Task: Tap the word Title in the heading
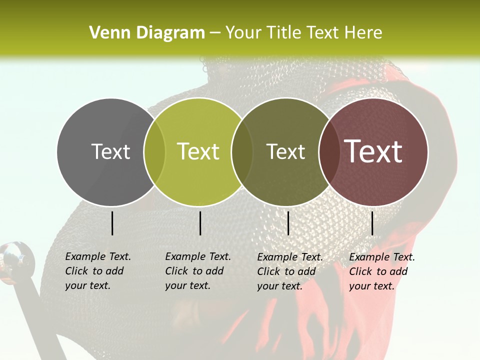(x=284, y=33)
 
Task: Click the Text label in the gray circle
(x=110, y=151)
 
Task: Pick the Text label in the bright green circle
(x=198, y=151)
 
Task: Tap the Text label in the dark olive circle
(x=285, y=151)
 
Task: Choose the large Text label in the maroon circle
(x=373, y=151)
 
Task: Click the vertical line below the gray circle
(x=112, y=223)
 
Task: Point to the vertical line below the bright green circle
(x=200, y=223)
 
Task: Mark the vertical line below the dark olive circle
(x=288, y=223)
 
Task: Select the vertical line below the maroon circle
(x=372, y=223)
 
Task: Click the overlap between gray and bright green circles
(x=154, y=152)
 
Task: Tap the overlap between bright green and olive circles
(x=242, y=152)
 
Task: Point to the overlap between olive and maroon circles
(x=328, y=152)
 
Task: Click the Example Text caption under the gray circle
(x=97, y=271)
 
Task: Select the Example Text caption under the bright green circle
(x=197, y=271)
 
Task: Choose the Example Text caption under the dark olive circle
(x=289, y=271)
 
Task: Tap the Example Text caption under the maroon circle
(x=381, y=271)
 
